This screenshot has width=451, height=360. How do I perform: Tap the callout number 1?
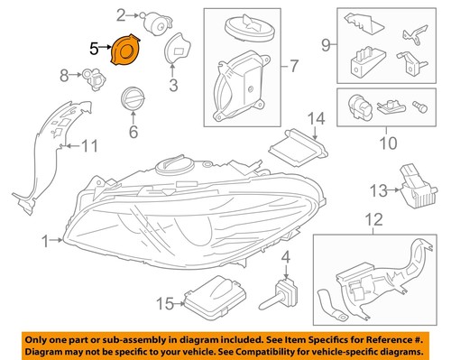(43, 240)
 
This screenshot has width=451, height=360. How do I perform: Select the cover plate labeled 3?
(171, 54)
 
